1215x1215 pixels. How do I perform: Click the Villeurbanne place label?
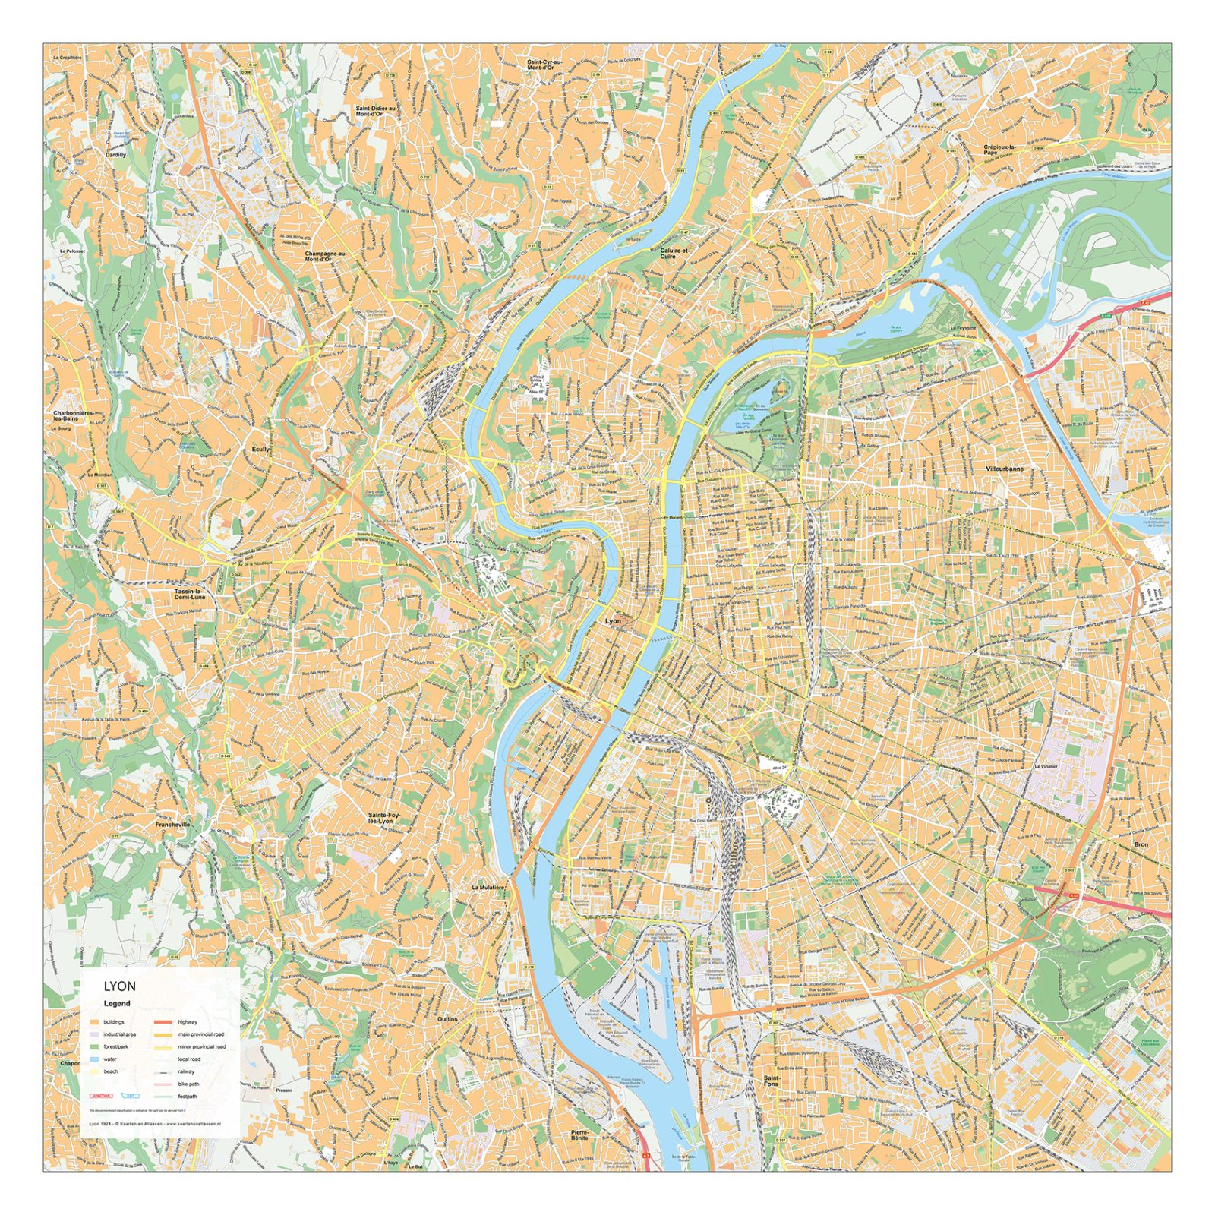(1005, 469)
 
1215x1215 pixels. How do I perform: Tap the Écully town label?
(260, 450)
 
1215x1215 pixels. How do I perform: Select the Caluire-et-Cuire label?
(674, 254)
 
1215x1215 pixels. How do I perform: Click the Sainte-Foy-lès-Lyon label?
(384, 818)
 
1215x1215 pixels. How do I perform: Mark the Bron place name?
(1141, 844)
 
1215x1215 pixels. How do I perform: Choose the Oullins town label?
(447, 1019)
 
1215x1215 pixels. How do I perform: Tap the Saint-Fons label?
(772, 1081)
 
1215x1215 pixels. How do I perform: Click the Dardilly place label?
(115, 154)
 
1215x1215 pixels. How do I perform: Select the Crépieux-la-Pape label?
(999, 149)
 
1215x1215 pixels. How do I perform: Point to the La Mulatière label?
(488, 887)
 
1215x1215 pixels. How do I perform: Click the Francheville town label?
(172, 824)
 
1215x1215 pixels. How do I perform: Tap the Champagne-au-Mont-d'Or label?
(325, 257)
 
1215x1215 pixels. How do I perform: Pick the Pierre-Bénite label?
(579, 1135)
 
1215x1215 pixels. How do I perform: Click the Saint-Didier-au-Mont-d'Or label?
(376, 111)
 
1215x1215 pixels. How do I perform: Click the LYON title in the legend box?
(120, 986)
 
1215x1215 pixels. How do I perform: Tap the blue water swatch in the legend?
(94, 1059)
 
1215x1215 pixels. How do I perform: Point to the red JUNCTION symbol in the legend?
(101, 1096)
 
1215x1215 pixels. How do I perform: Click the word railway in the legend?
(186, 1071)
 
